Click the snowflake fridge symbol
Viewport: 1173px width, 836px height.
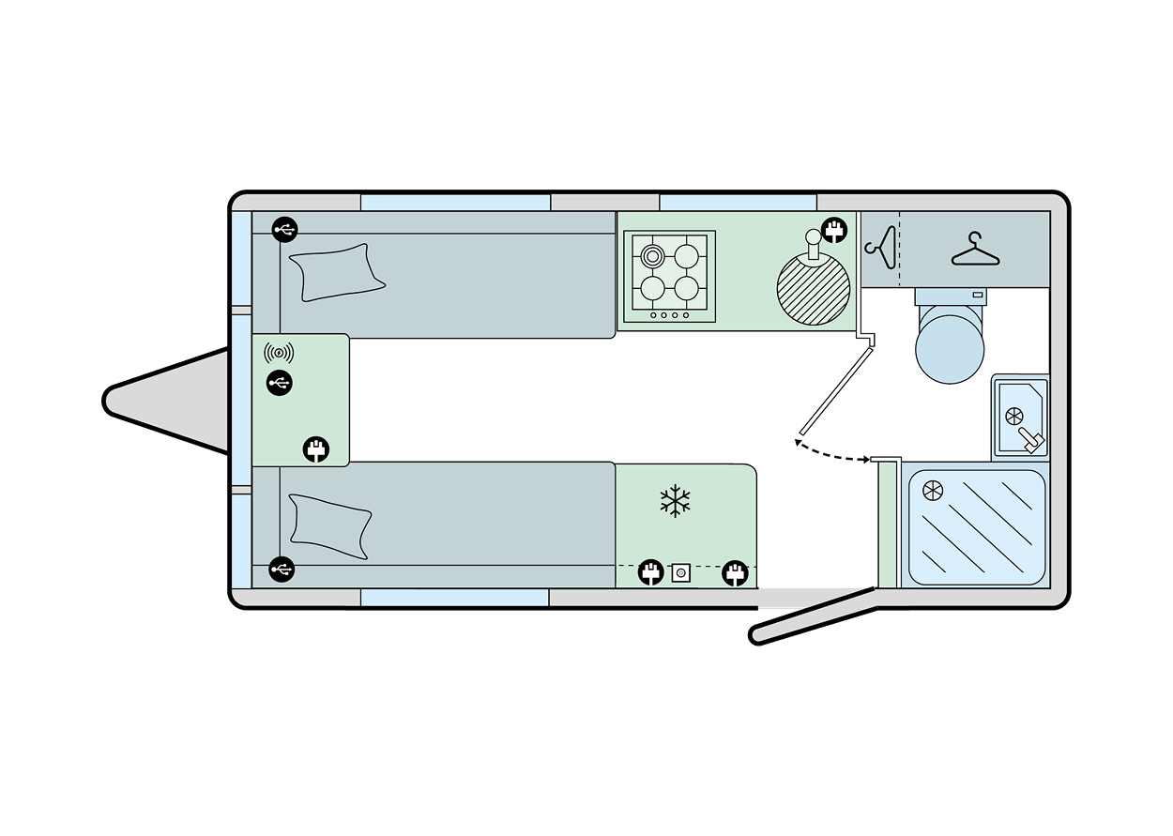click(674, 501)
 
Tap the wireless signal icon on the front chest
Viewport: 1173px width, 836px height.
click(279, 354)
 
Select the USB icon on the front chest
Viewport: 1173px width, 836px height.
click(279, 382)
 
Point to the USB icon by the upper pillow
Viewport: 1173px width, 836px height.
click(284, 228)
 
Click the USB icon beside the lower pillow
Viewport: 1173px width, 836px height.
click(281, 569)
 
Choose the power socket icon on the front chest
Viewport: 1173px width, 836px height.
click(316, 448)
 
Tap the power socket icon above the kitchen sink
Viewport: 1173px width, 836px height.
click(832, 230)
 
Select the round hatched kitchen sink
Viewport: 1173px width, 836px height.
click(814, 289)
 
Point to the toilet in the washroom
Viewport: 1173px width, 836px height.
click(950, 342)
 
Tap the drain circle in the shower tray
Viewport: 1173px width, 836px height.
click(932, 490)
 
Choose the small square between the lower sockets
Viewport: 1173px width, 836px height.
click(679, 571)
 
